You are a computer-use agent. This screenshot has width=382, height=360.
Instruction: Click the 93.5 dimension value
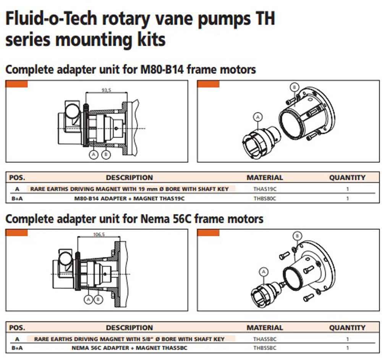coord(106,90)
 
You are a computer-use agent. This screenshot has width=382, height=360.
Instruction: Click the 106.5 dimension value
coord(99,234)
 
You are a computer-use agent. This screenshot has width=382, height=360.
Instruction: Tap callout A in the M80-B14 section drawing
coord(94,155)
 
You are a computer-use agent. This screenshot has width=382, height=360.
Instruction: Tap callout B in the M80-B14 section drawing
coord(106,155)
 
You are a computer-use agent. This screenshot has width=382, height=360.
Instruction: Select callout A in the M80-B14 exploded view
coord(258,117)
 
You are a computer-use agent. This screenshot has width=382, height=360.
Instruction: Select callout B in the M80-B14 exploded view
coord(294,87)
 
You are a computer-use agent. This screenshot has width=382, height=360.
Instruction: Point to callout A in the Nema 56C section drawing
coord(89,299)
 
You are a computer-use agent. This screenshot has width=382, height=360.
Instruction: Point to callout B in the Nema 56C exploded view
coord(297,236)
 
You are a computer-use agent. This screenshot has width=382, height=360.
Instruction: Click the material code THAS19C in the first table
coord(265,189)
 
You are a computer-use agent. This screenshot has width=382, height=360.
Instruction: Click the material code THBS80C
coord(265,199)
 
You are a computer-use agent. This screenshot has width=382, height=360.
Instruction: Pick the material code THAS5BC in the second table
coord(265,339)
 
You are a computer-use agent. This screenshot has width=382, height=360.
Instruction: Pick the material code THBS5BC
coord(265,348)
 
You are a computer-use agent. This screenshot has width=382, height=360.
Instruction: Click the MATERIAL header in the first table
coord(265,178)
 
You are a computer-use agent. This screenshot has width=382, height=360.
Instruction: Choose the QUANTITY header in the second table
coord(347,328)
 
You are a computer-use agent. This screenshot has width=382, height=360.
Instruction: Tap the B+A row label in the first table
coord(17,199)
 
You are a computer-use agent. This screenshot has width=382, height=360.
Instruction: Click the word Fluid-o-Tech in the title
coord(51,19)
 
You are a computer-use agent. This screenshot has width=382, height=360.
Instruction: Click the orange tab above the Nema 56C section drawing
coord(16,232)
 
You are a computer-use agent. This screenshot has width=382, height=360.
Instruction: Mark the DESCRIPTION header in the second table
coord(129,328)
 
